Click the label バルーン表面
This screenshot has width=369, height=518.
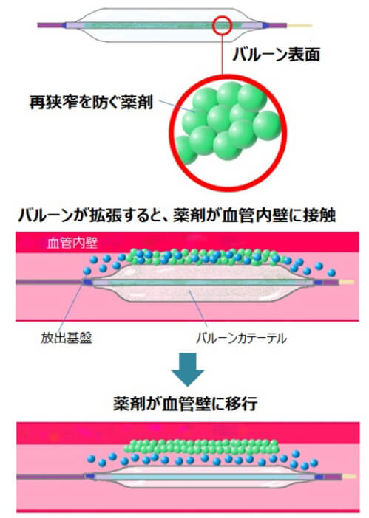pos(277,54)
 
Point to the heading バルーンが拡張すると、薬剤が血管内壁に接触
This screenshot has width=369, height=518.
pos(177,215)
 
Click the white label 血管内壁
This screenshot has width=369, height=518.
pos(72,243)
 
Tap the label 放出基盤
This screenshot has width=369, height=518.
pos(67,338)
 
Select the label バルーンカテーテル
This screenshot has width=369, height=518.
pos(241,338)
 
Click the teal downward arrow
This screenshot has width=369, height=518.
pos(188,370)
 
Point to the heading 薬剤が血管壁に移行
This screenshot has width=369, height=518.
pos(185,404)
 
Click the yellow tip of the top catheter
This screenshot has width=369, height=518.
pos(299,25)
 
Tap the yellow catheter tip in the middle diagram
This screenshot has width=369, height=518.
pos(346,282)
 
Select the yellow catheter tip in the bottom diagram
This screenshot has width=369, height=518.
pos(349,477)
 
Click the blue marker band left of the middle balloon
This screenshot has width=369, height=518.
pos(87,282)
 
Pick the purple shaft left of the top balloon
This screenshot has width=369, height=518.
pos(50,25)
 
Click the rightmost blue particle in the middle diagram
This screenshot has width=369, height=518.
pos(331,272)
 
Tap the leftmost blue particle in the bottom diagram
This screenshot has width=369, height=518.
pos(91,458)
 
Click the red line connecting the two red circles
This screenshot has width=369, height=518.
pos(222,55)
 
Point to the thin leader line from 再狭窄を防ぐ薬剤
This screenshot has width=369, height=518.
pos(175,106)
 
